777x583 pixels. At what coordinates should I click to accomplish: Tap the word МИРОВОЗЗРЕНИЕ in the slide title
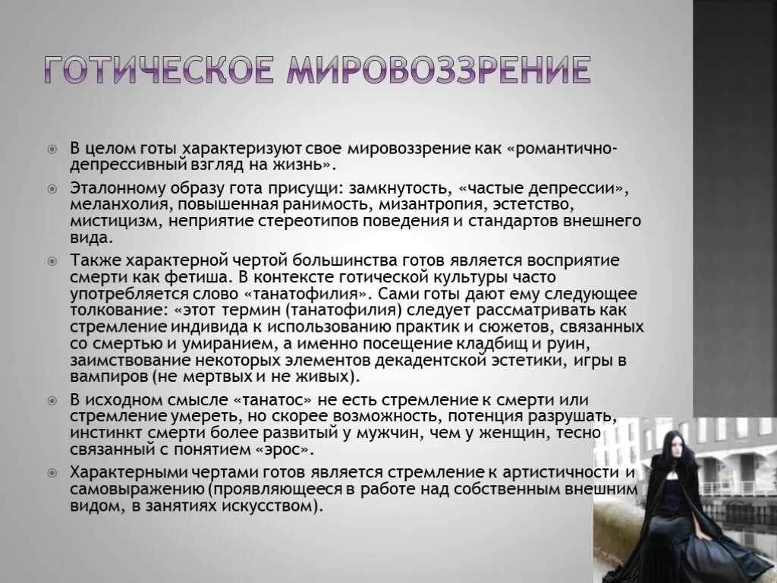pos(438,70)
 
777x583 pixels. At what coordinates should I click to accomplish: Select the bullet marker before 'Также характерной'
pos(52,260)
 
